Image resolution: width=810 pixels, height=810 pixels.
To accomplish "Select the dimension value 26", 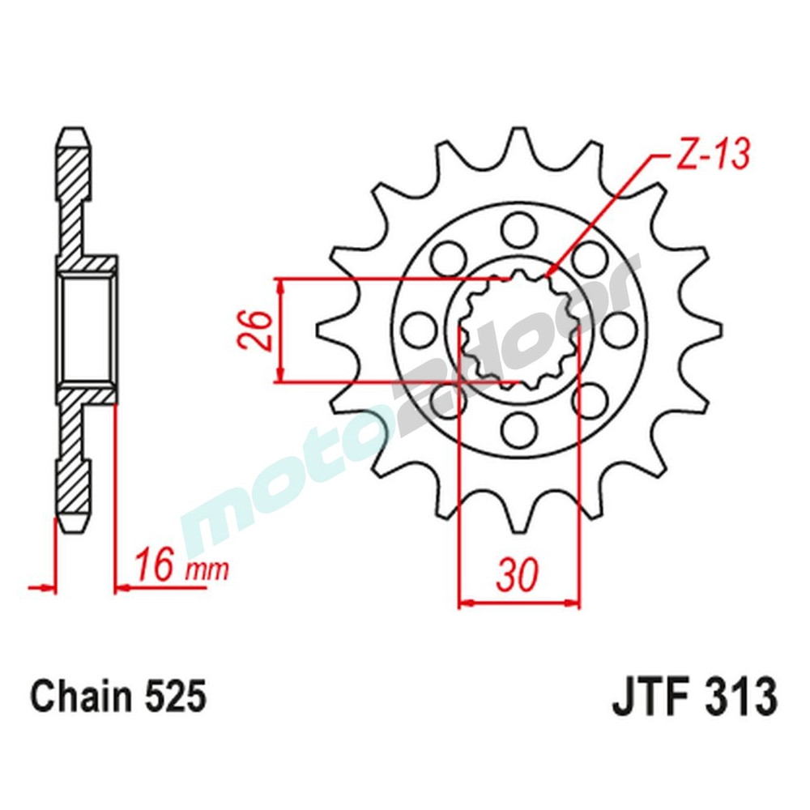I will click(253, 330).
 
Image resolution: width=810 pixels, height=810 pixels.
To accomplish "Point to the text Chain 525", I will click(117, 696).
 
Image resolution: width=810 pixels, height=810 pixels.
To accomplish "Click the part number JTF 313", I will click(694, 696).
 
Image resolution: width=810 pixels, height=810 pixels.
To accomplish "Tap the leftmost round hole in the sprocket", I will click(416, 328).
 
